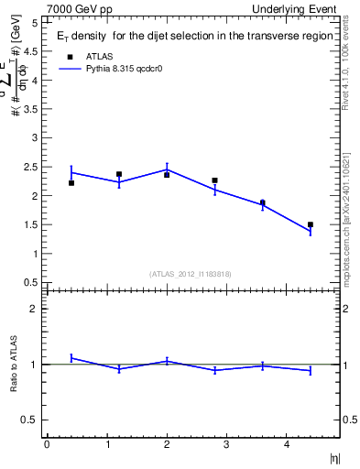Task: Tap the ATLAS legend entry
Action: (x=98, y=56)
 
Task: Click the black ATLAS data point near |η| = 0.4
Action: (x=71, y=183)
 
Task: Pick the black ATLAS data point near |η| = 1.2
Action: (x=119, y=174)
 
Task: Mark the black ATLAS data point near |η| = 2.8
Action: (x=214, y=180)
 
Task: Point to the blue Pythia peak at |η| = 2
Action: (x=167, y=169)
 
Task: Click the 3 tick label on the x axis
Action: (x=226, y=444)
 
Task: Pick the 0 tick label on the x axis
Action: (x=47, y=444)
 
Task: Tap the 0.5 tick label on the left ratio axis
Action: (x=30, y=420)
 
